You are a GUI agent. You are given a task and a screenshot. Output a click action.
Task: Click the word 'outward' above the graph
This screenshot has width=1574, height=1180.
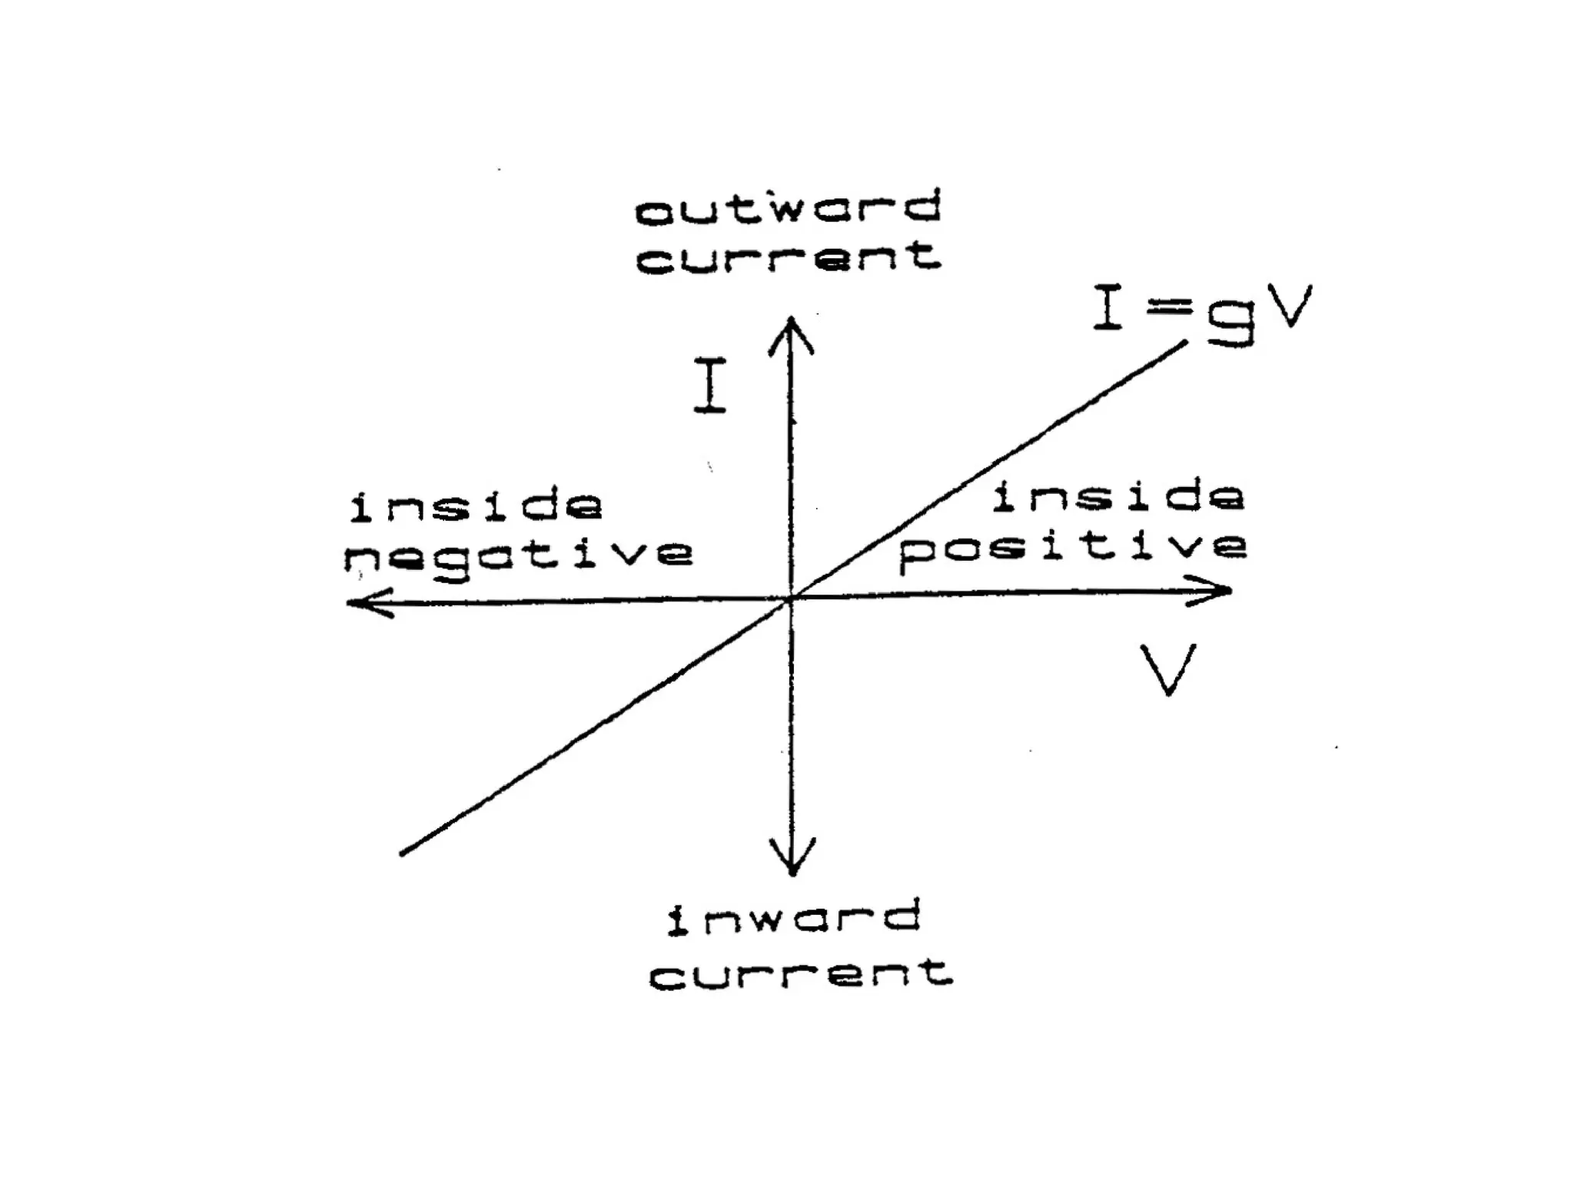(788, 208)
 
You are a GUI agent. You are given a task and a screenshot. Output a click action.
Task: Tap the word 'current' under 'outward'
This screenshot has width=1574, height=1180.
(789, 257)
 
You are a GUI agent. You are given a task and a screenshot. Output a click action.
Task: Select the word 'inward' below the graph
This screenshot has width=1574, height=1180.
(793, 920)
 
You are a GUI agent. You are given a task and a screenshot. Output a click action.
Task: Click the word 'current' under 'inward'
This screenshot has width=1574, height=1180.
(801, 974)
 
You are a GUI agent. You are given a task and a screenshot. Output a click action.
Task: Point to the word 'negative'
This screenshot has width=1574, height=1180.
(519, 555)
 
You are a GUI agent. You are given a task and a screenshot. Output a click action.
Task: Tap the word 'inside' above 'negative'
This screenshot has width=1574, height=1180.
(477, 506)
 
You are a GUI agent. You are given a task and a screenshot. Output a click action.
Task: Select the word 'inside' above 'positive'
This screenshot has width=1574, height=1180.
(1118, 496)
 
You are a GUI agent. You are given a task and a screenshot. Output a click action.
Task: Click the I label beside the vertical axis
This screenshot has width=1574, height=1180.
(710, 386)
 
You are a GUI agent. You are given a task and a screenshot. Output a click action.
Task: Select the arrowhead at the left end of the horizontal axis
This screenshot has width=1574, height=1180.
(361, 603)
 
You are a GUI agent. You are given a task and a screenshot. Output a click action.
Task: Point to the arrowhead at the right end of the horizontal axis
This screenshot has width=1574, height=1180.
(1218, 591)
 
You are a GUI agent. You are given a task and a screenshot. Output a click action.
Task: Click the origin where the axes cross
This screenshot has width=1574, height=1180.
(791, 598)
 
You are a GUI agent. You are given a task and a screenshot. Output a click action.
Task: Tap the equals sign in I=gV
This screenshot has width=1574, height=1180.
(1169, 310)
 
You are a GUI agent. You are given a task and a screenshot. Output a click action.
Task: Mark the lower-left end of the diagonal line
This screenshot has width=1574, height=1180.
(403, 852)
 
